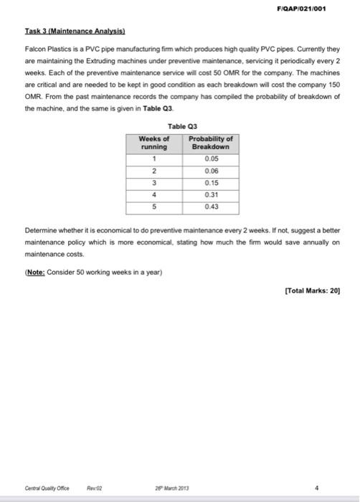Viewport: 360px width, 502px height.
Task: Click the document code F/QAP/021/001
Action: pyautogui.click(x=316, y=8)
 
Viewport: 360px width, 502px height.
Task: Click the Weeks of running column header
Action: pyautogui.click(x=154, y=142)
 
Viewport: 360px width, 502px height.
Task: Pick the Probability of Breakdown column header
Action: pyautogui.click(x=210, y=142)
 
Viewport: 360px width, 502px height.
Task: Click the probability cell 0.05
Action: pyautogui.click(x=210, y=158)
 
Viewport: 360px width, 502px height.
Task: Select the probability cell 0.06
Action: pyautogui.click(x=210, y=171)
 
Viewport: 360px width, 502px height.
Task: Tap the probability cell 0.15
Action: pyautogui.click(x=210, y=183)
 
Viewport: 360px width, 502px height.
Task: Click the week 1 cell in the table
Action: pyautogui.click(x=154, y=158)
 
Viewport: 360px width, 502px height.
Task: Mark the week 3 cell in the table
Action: pyautogui.click(x=154, y=183)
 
